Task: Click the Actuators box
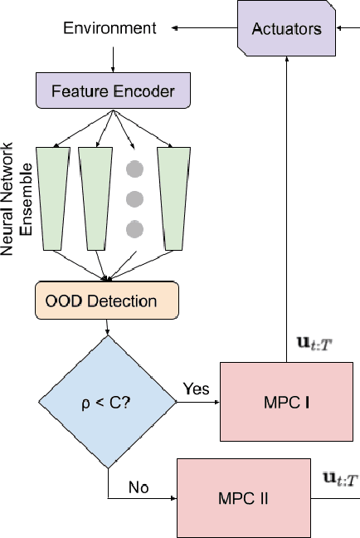pos(285,29)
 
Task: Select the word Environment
pos(109,28)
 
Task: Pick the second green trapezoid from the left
pos(95,197)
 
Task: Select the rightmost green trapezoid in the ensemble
pos(173,197)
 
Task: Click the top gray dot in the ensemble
pos(134,170)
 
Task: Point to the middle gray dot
pos(134,199)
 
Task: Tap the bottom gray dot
pos(134,228)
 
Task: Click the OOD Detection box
pos(107,301)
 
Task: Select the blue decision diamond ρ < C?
pos(109,403)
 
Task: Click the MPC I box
pos(286,402)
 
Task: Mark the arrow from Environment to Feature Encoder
pos(109,57)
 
